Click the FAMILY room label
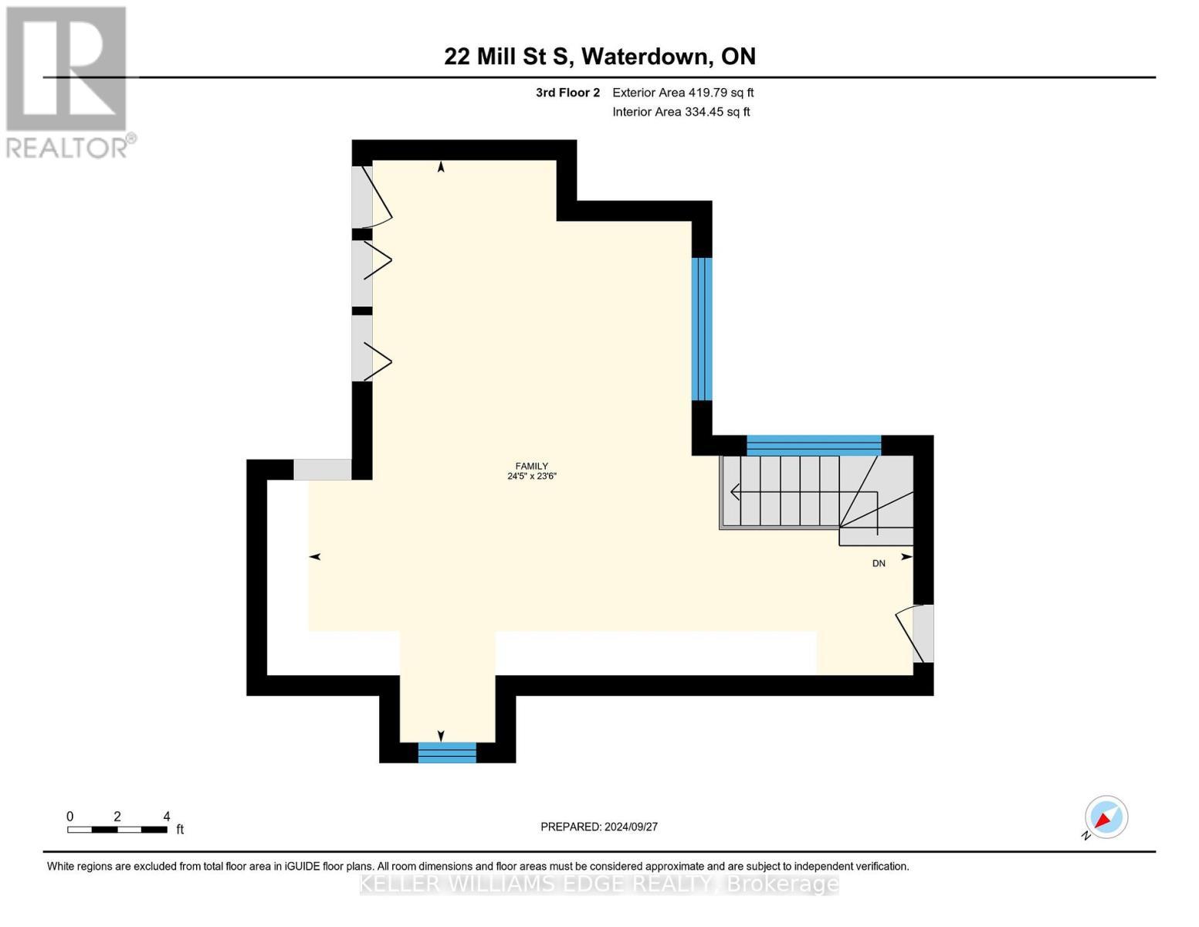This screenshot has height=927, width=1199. pos(531,466)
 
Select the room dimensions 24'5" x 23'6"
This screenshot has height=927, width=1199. pos(531,477)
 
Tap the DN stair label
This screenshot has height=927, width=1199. pos(879,564)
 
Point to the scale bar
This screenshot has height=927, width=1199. pos(117,830)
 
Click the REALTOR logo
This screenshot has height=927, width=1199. pos(67,81)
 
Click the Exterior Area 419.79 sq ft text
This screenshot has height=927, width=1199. pos(682,93)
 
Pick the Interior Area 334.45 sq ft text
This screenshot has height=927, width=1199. pos(681,112)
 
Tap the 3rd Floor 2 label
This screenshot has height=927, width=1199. pos(567,93)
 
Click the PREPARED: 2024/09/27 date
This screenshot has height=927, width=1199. pos(599,827)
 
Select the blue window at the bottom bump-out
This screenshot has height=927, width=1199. pos(447,752)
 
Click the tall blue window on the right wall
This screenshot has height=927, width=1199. pos(701,329)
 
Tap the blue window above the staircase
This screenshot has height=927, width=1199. pos(813,446)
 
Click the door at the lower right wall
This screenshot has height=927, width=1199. pos(919,633)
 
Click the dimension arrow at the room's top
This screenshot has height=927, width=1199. pos(441,166)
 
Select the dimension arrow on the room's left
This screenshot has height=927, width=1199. pos(315,556)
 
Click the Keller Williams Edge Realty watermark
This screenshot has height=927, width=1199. pos(599,884)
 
